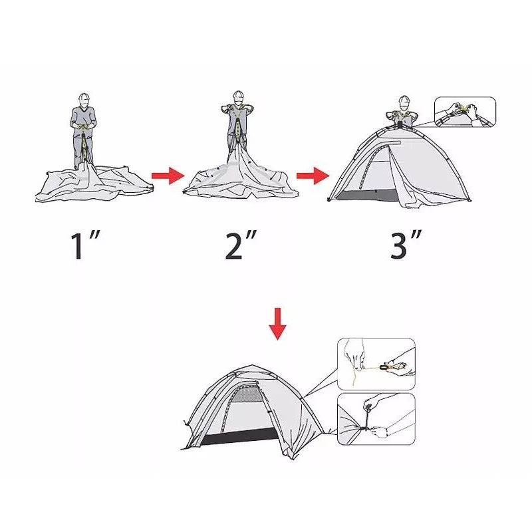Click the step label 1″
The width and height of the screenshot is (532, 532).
pos(85,245)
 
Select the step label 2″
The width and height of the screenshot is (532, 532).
pos(241,245)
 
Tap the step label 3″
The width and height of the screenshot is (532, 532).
pos(406,245)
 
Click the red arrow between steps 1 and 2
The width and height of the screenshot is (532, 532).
pos(168,176)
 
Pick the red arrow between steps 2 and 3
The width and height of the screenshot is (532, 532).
pos(313,176)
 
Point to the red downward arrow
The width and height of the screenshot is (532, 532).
pos(277,324)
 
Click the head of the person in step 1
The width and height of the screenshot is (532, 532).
pos(84,100)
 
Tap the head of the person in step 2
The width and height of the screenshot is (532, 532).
pos(239,98)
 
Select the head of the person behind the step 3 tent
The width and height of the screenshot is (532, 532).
pos(404,102)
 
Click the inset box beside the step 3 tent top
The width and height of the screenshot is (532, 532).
pos(465,112)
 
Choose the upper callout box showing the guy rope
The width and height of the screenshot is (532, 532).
pos(376,364)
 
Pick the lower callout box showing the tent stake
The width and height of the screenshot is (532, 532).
pos(376,419)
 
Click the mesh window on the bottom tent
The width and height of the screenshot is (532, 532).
pos(247,394)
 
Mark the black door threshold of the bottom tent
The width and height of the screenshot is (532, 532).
pos(240,436)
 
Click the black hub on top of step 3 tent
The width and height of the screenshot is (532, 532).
pos(400,125)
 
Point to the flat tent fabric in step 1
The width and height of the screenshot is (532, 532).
pos(94,184)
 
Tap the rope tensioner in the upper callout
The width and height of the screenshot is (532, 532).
pos(386,367)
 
